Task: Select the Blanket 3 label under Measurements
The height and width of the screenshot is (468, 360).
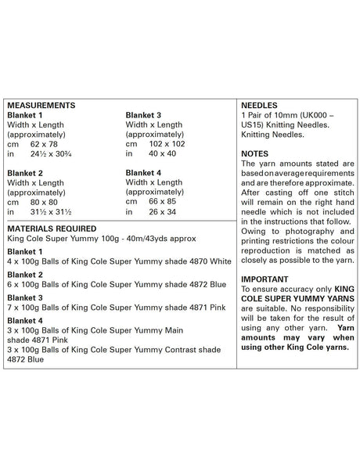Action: coord(144,114)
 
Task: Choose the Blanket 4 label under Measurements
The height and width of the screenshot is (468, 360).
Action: coord(144,173)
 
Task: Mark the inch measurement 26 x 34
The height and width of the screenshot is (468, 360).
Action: coord(169,212)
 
